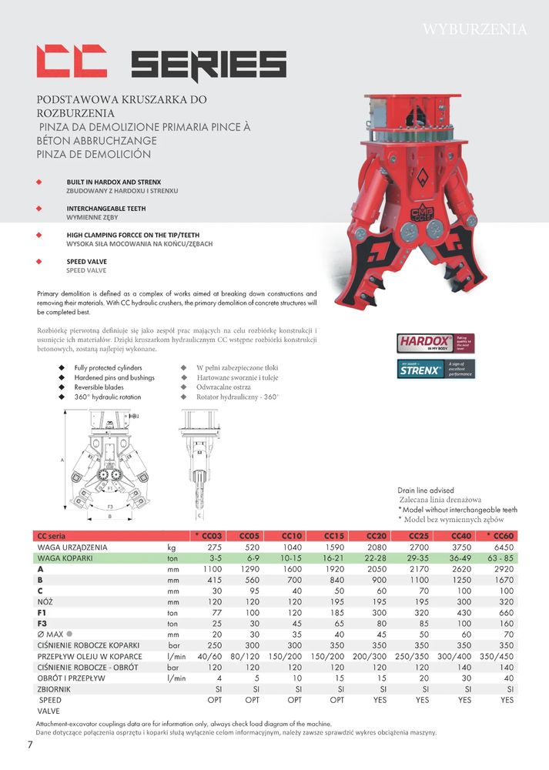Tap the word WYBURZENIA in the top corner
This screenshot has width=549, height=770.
tap(474, 30)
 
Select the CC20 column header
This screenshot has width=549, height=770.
tap(377, 536)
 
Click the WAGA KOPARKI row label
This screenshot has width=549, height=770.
tap(65, 557)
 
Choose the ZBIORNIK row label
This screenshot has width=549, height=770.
tap(55, 689)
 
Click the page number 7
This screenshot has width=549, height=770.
tap(30, 745)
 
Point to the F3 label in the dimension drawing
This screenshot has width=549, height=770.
tap(110, 506)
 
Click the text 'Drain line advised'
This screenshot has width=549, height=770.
tap(426, 490)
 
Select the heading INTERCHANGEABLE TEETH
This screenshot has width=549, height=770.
tap(106, 209)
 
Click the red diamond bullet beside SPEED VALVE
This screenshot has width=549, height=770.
tap(38, 262)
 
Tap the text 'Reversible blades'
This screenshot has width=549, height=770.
tap(99, 387)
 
